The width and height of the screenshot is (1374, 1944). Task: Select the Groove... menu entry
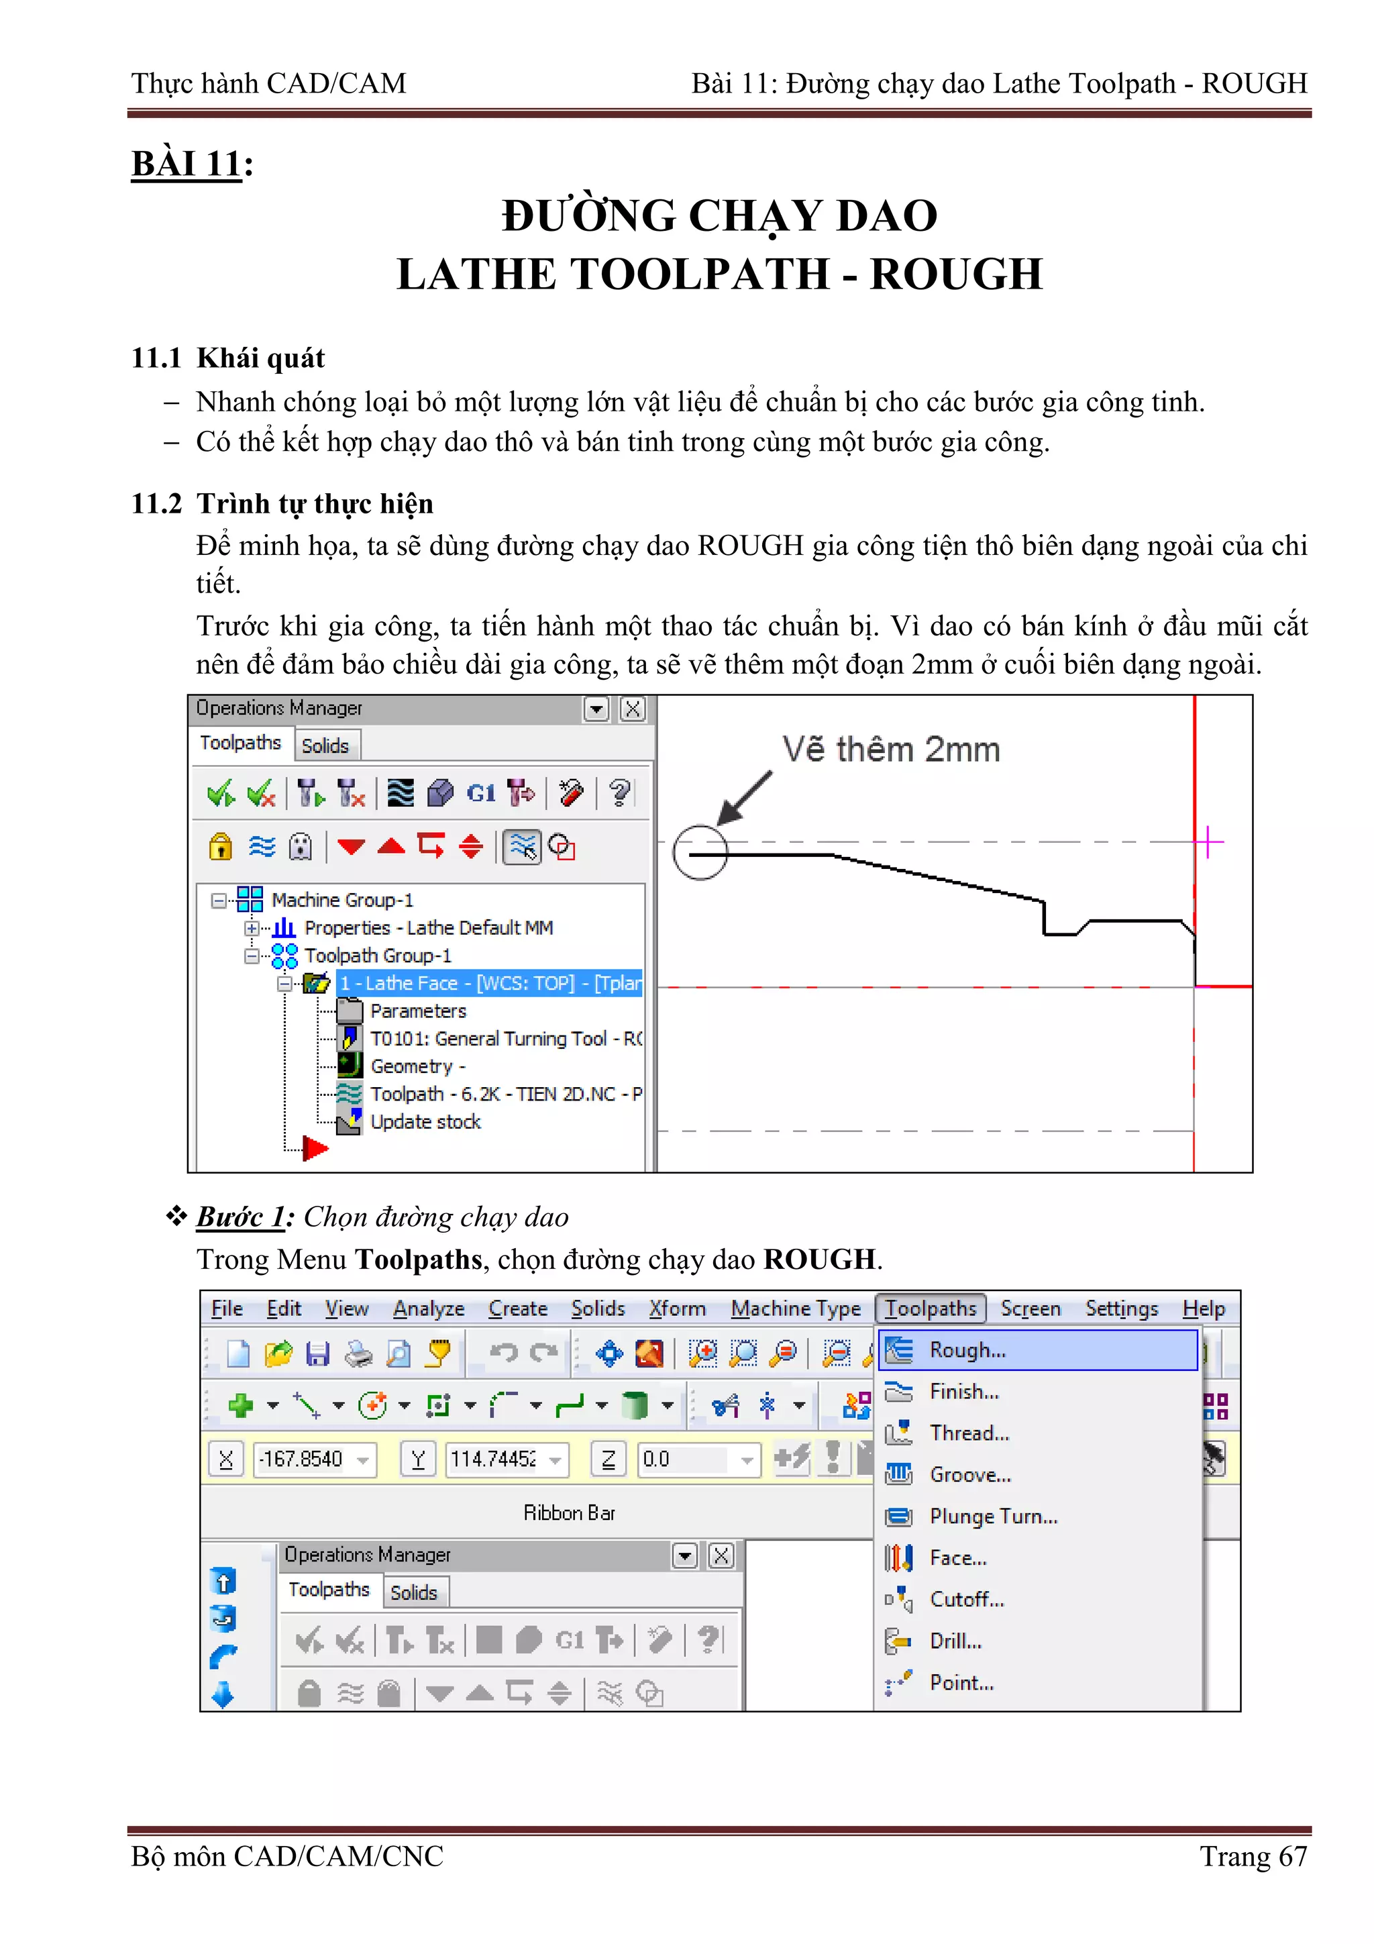click(969, 1474)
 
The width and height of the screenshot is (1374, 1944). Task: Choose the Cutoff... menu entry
click(966, 1598)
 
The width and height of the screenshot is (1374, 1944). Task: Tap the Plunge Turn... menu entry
click(993, 1516)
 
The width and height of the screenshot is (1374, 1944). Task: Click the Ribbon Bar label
click(569, 1513)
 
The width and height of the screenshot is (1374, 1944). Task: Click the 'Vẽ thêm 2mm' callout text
click(890, 750)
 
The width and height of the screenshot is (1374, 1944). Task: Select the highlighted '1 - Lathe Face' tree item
click(489, 983)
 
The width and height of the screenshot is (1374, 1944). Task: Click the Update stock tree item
click(425, 1121)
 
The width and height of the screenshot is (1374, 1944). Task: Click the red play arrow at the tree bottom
click(315, 1148)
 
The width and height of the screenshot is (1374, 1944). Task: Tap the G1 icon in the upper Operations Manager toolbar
click(481, 793)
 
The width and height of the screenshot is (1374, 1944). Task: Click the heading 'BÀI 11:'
click(192, 164)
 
